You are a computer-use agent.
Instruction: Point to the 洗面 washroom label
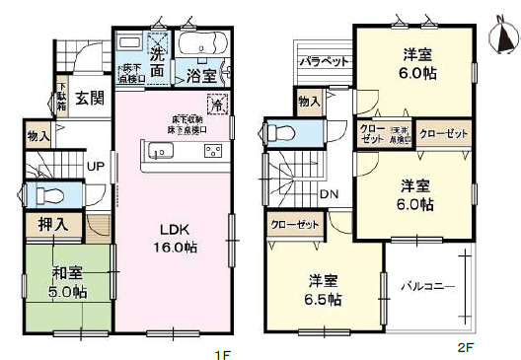(158, 49)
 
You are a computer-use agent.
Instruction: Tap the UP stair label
(96, 166)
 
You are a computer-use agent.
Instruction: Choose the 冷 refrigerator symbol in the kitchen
(215, 104)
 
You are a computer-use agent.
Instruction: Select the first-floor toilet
(46, 195)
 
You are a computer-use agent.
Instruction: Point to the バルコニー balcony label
(427, 287)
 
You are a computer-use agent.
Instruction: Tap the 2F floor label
(465, 347)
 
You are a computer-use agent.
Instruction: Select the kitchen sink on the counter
(162, 151)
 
